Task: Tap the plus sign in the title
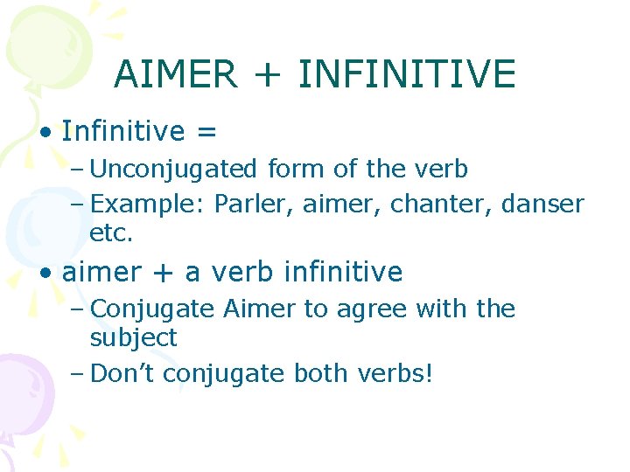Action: (x=267, y=75)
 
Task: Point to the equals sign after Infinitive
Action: (x=206, y=132)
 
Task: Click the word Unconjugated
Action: (x=174, y=169)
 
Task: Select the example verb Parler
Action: (x=245, y=204)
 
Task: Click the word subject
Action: (x=133, y=338)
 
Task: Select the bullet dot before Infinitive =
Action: (x=45, y=133)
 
